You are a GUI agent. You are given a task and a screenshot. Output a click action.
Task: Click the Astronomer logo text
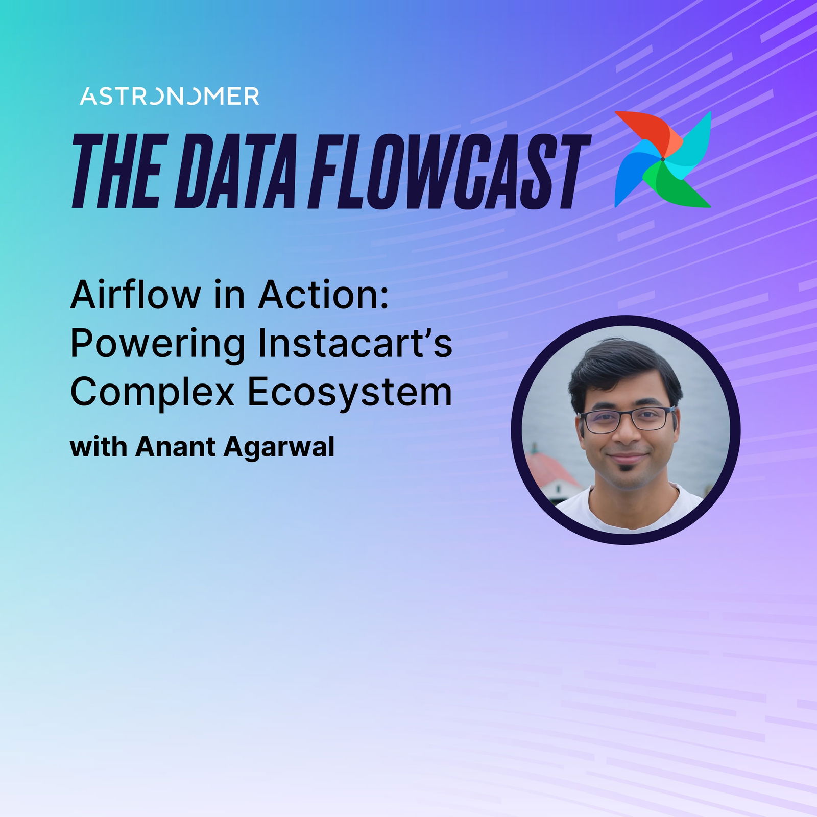170,96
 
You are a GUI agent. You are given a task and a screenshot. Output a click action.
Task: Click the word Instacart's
355,343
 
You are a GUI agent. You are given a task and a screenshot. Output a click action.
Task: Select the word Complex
152,393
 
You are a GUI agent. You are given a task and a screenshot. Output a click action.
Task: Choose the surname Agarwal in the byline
279,448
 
